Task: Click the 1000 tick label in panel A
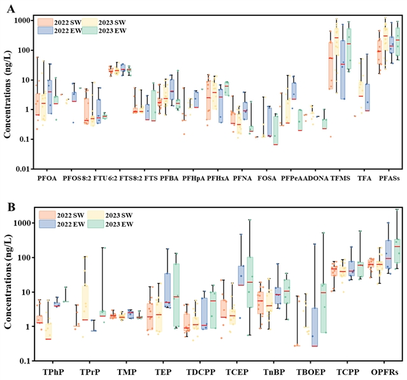click(x=24, y=20)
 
